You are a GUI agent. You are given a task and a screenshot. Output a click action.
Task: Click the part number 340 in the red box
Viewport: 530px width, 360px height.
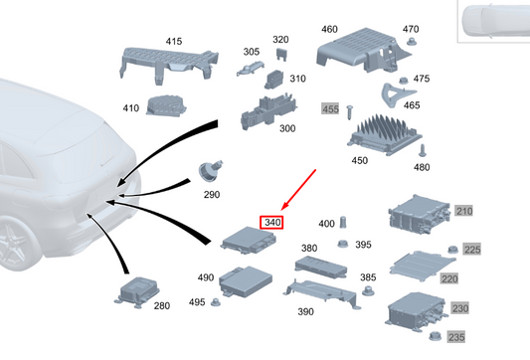(x=272, y=223)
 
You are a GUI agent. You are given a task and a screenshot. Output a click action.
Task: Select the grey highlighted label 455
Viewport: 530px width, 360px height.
(x=330, y=109)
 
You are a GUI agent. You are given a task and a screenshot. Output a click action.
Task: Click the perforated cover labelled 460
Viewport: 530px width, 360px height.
(x=362, y=50)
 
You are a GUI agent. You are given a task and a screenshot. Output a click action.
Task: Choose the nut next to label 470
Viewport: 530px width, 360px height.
(x=411, y=41)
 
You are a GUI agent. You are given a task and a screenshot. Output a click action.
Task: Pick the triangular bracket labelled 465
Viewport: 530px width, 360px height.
(x=396, y=95)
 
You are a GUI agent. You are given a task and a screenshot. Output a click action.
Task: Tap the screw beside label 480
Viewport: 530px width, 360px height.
(x=423, y=150)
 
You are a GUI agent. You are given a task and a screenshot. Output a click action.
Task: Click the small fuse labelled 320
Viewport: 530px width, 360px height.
(x=281, y=54)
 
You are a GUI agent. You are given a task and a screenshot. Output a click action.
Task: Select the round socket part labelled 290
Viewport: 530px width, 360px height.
(x=210, y=170)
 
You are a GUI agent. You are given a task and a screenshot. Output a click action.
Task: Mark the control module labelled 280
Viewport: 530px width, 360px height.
(x=137, y=292)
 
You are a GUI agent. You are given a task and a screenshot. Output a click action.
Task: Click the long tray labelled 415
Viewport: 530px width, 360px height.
(x=168, y=63)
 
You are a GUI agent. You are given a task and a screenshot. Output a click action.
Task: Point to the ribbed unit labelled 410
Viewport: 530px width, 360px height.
(x=166, y=105)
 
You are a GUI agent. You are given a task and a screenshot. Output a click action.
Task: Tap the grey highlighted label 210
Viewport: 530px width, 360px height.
(x=463, y=211)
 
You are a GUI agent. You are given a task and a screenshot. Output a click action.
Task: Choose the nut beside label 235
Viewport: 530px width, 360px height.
(x=435, y=336)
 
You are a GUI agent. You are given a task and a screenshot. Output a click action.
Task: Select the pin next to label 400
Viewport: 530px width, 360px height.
(x=343, y=222)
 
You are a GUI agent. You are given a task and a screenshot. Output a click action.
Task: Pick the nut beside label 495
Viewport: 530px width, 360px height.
(x=216, y=302)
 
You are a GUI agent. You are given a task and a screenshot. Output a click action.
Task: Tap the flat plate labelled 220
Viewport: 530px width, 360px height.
(x=422, y=265)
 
